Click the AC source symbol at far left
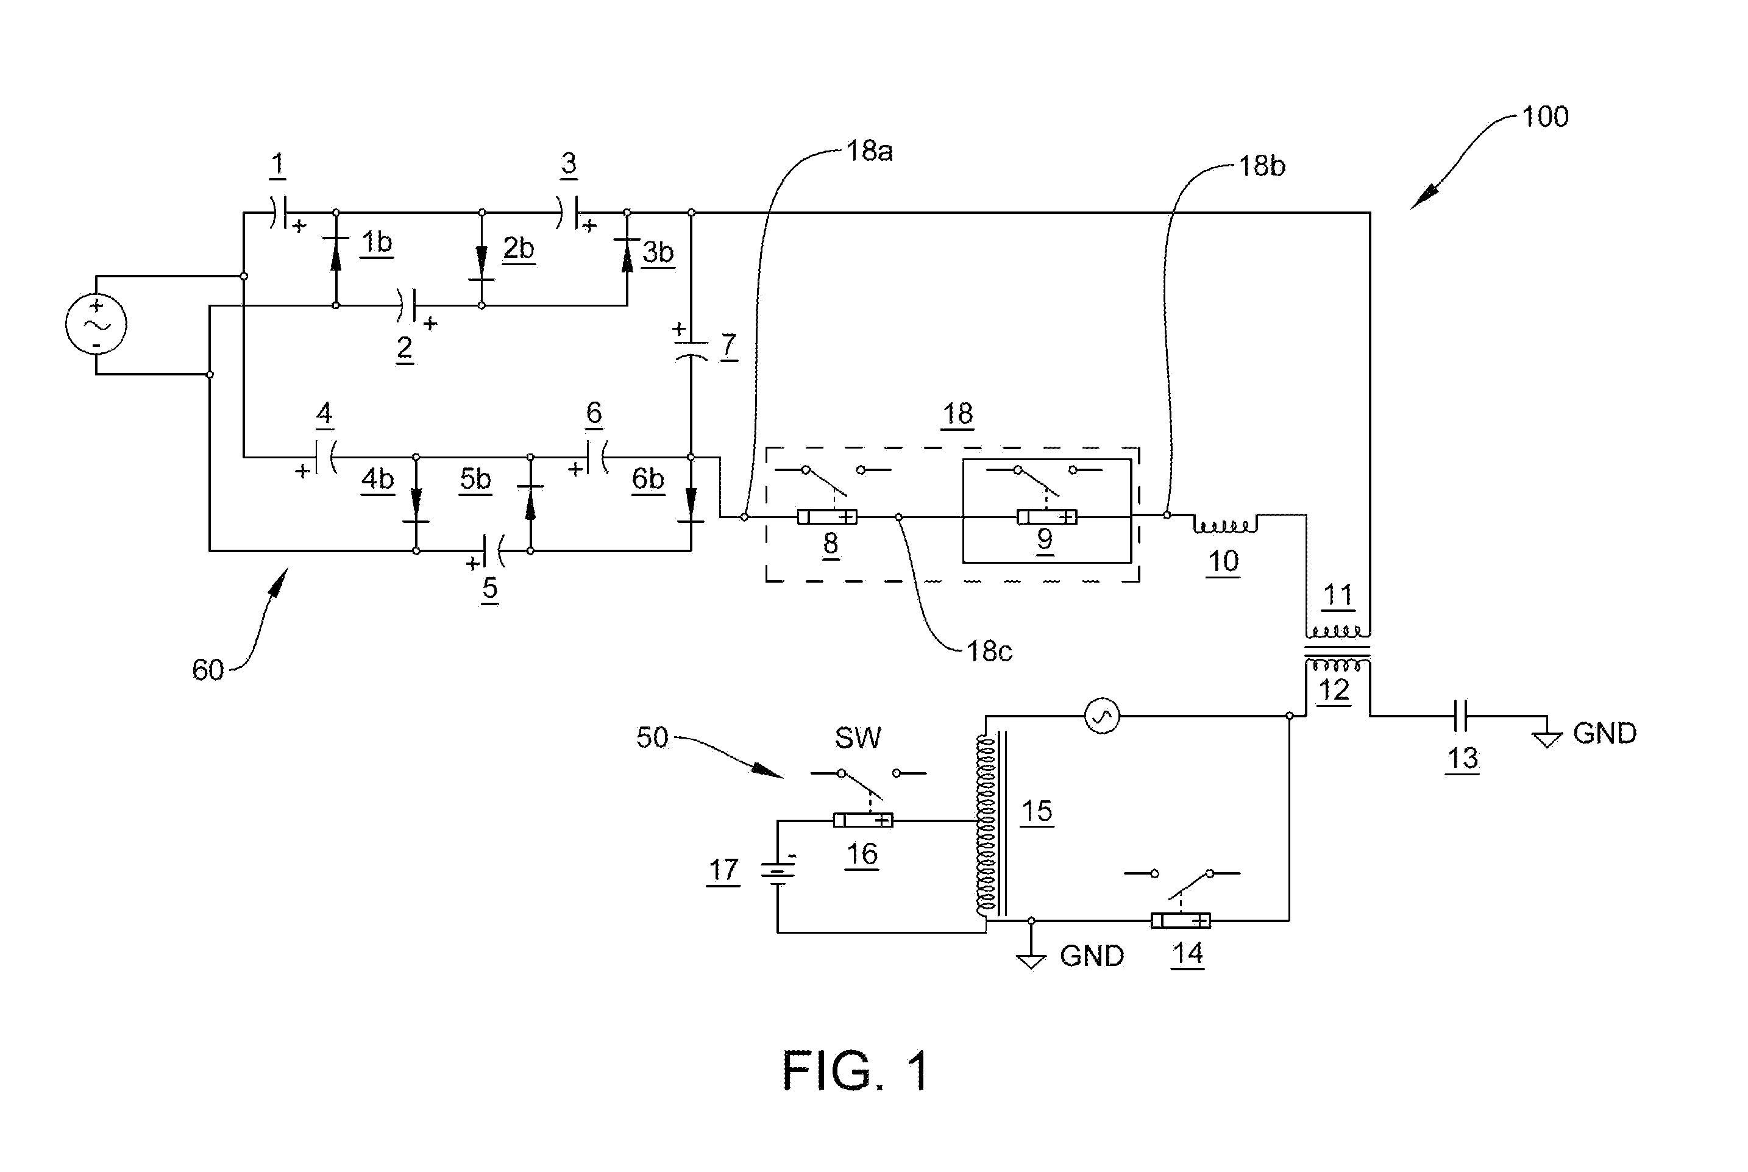(96, 324)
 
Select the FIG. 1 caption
(856, 1071)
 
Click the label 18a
(869, 151)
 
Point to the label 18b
(1262, 166)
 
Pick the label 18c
(989, 652)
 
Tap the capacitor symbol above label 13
(1463, 716)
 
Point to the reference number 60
(208, 670)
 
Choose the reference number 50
(652, 737)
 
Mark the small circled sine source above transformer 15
(1101, 716)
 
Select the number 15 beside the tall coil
(1037, 811)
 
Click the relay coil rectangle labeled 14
(1180, 920)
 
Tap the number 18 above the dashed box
(958, 413)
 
